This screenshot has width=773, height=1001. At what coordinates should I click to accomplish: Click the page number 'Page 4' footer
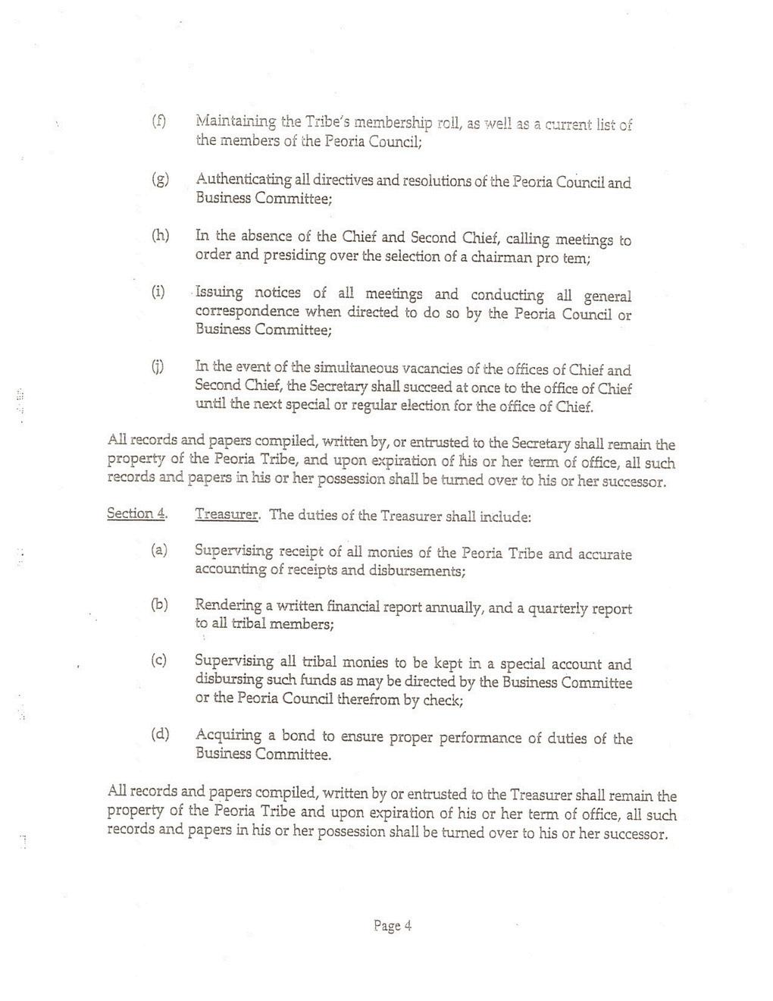[392, 925]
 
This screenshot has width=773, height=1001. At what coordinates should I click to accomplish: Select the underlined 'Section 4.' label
[136, 513]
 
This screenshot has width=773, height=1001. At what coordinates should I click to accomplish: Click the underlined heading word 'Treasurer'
[227, 515]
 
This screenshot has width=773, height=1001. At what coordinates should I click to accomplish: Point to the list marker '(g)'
[159, 180]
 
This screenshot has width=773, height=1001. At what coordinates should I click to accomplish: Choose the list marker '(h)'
[160, 236]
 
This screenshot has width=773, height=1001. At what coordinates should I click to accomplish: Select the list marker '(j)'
[158, 368]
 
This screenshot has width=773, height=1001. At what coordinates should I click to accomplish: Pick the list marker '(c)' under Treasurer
[159, 661]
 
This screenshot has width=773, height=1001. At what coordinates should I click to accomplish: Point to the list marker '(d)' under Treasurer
[160, 734]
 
